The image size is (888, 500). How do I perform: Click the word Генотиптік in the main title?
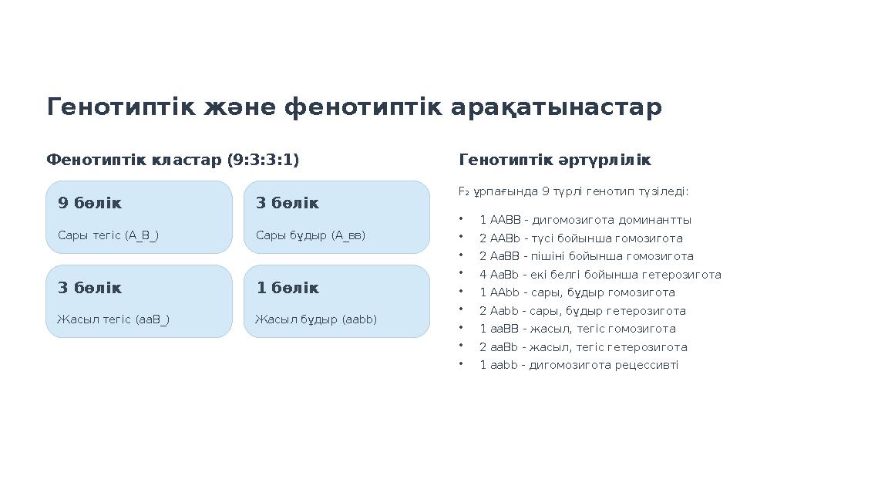(x=123, y=107)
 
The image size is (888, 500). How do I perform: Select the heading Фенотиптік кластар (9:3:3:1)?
(x=173, y=160)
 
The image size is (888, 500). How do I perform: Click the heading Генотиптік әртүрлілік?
(x=554, y=160)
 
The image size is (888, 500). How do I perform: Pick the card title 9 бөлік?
(x=89, y=203)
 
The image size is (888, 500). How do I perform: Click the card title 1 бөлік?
(x=287, y=288)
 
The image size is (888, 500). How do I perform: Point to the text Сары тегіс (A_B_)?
(x=108, y=235)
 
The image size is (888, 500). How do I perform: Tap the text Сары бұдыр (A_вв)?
(x=311, y=235)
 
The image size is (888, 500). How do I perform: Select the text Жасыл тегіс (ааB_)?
(x=113, y=319)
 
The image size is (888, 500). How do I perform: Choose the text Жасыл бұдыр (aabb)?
(x=316, y=319)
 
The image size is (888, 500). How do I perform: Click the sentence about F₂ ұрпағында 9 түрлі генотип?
(x=573, y=191)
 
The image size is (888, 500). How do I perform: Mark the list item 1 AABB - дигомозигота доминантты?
(x=585, y=220)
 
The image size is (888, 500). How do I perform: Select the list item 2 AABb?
(x=580, y=238)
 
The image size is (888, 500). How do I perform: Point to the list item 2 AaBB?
(x=586, y=256)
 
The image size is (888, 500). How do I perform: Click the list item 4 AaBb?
(x=600, y=275)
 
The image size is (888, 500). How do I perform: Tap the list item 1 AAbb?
(x=577, y=292)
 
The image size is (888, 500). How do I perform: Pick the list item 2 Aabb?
(x=582, y=311)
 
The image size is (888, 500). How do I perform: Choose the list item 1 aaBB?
(x=577, y=329)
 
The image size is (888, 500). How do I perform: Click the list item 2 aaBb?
(x=583, y=347)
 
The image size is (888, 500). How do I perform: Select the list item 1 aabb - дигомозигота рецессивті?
(x=579, y=365)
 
